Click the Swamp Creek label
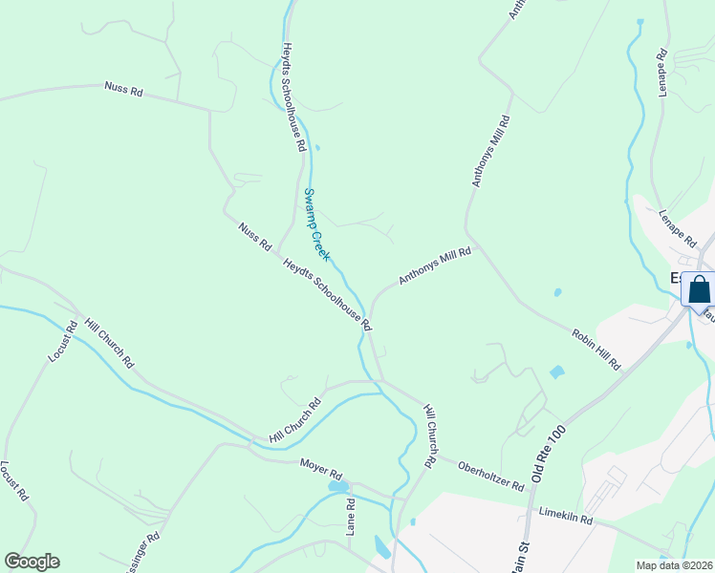coord(317,224)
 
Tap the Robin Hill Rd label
coord(596,350)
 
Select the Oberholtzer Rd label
coord(491,475)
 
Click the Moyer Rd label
coord(320,470)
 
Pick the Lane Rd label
coord(351,516)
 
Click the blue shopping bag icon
coord(699,288)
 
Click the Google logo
coord(32,562)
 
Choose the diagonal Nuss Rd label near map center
coord(255,235)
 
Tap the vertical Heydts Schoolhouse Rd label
coord(292,96)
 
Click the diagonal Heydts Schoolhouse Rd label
coord(327,293)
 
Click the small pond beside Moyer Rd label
coord(337,487)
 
